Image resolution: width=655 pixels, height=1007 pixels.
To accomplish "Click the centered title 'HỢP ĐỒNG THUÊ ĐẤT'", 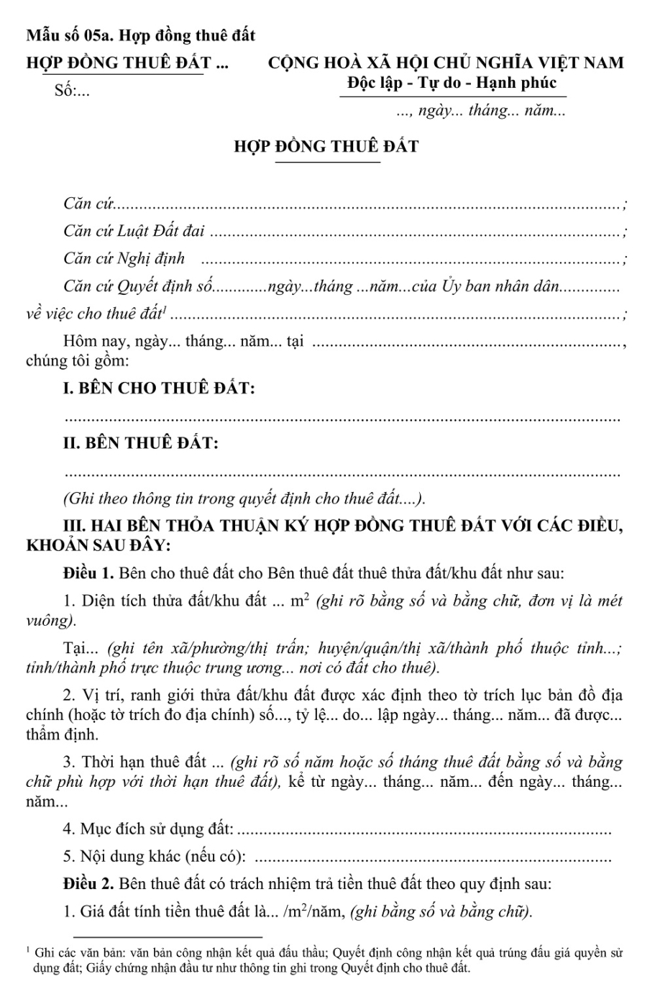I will tap(326, 147).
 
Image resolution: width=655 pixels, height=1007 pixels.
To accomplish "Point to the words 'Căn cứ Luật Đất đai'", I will tap(134, 231).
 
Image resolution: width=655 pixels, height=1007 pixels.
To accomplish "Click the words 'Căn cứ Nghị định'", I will tap(124, 258).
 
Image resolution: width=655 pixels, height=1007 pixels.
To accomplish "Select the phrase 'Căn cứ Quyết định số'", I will tap(138, 286).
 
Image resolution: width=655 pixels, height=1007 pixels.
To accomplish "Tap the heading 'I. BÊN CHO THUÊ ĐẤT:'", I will tap(159, 389).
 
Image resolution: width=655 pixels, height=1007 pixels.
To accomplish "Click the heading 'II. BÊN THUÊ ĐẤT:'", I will tap(141, 443).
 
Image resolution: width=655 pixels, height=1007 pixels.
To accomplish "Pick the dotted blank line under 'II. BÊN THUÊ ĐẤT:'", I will tap(342, 473).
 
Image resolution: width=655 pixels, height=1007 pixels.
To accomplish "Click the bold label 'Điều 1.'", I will tap(88, 574).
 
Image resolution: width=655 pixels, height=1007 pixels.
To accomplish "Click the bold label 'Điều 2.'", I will tap(88, 883).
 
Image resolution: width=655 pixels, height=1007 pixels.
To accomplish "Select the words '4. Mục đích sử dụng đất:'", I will tap(148, 829).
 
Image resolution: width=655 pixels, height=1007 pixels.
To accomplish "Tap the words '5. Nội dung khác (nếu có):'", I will tap(157, 856).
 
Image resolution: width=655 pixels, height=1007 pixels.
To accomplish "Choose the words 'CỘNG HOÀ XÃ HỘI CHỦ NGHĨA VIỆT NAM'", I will tap(446, 63).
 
